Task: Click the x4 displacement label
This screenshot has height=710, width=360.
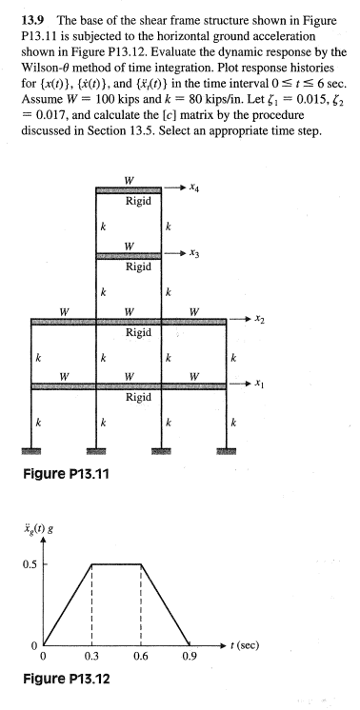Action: click(x=195, y=190)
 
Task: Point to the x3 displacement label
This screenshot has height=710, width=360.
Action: click(x=195, y=256)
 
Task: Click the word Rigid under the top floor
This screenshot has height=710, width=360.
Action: click(x=140, y=204)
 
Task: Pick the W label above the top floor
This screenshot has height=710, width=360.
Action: click(x=140, y=180)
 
